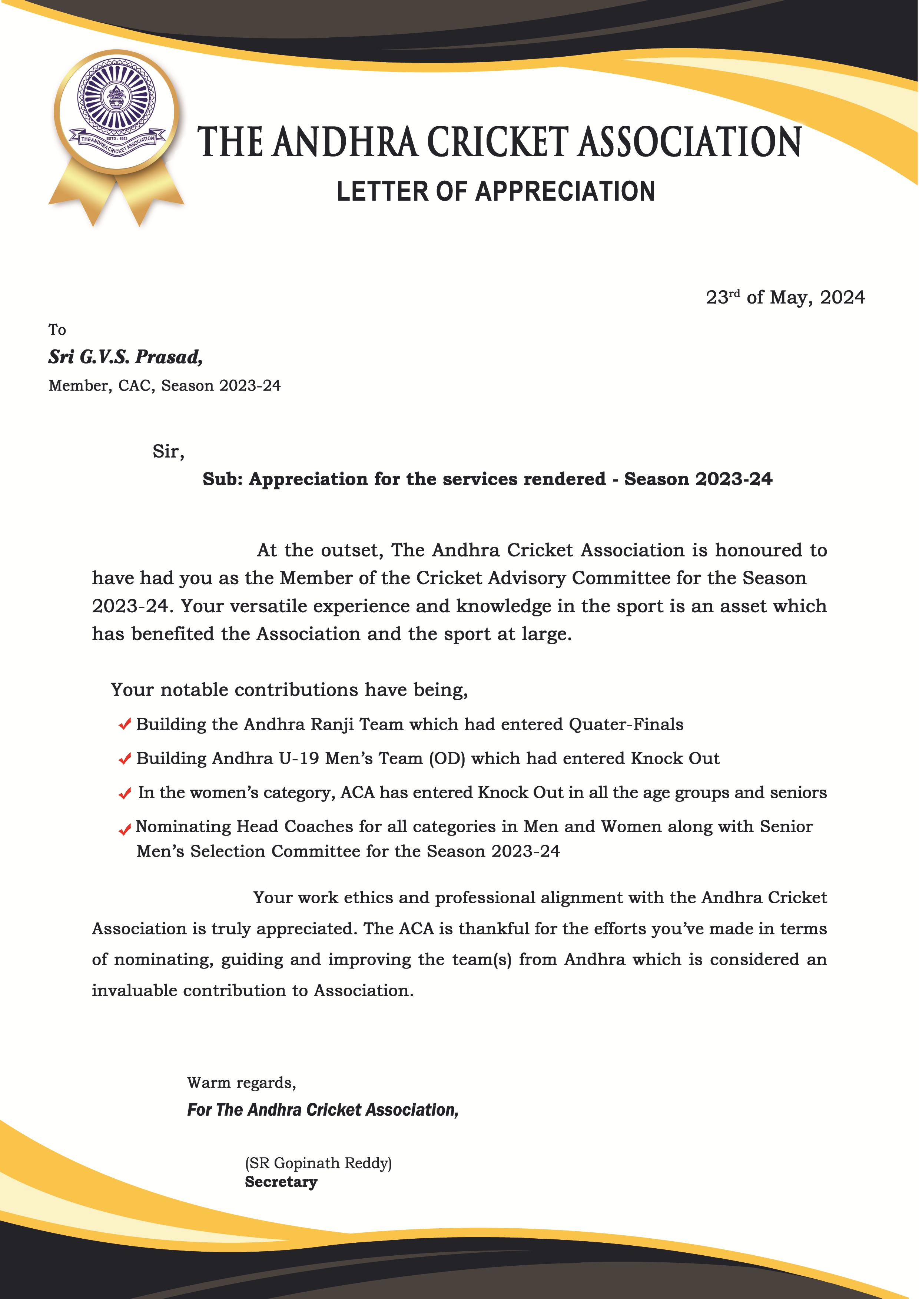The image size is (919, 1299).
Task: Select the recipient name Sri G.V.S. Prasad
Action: pyautogui.click(x=125, y=357)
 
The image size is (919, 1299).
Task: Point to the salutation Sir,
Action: pyautogui.click(x=168, y=452)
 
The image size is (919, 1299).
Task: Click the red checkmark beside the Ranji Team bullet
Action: pyautogui.click(x=125, y=725)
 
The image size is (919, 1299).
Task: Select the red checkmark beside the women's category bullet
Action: pyautogui.click(x=125, y=794)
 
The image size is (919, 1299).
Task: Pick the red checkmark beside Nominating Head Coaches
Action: pyautogui.click(x=125, y=830)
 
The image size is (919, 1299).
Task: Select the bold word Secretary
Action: pyautogui.click(x=281, y=1182)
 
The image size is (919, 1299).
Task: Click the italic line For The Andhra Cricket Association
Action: pyautogui.click(x=323, y=1110)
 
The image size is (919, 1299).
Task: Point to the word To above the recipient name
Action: pyautogui.click(x=57, y=330)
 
